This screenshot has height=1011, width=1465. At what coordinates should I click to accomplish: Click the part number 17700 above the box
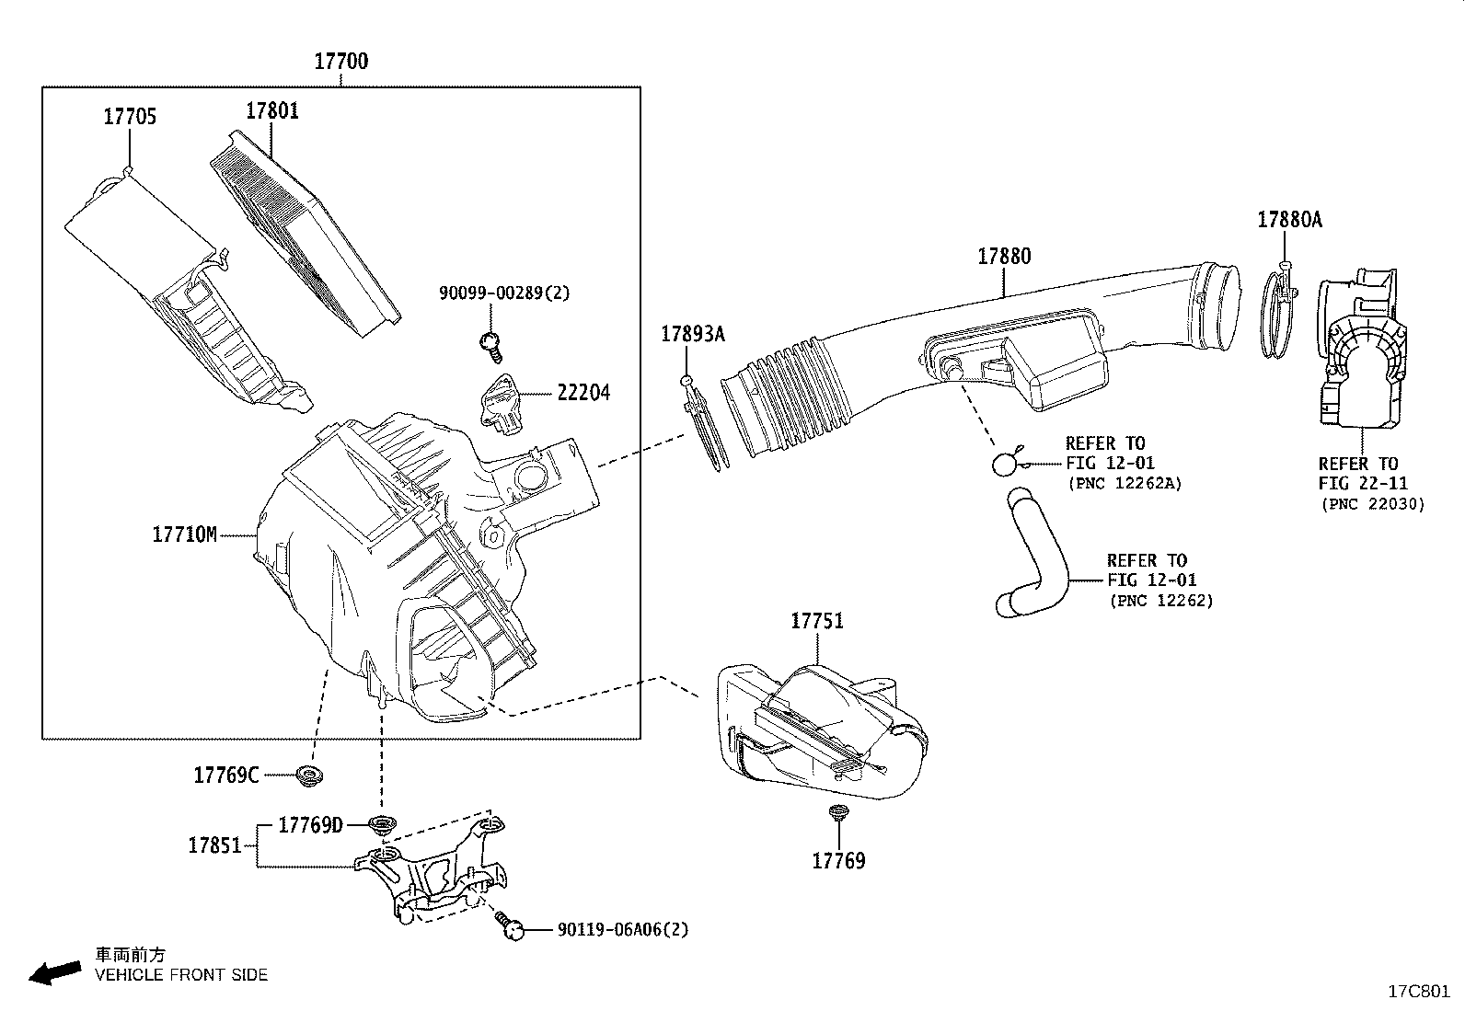(x=340, y=62)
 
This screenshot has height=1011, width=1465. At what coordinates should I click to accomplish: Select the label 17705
(x=130, y=117)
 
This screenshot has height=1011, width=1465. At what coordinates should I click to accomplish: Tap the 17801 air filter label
(x=272, y=110)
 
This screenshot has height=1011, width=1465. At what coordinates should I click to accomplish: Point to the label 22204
(x=583, y=393)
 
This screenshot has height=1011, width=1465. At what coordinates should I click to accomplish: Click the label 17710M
(x=184, y=534)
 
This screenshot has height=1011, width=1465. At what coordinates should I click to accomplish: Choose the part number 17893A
(x=693, y=334)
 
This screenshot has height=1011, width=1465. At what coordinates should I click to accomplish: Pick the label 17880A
(x=1290, y=220)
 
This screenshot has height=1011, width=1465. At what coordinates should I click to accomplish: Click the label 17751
(x=817, y=621)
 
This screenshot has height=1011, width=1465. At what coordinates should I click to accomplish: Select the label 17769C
(x=226, y=775)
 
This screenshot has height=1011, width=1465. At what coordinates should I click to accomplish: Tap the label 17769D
(x=311, y=825)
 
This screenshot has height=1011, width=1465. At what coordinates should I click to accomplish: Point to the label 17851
(x=215, y=845)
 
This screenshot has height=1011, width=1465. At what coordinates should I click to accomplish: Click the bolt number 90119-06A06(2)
(x=623, y=929)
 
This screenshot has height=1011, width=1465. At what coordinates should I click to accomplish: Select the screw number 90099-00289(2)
(x=504, y=293)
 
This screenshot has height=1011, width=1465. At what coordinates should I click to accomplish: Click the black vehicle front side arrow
(x=55, y=972)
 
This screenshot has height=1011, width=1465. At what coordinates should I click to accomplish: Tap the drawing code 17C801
(x=1419, y=992)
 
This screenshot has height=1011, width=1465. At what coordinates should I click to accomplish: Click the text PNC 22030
(x=1373, y=504)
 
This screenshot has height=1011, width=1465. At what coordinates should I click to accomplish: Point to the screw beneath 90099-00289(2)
(x=491, y=347)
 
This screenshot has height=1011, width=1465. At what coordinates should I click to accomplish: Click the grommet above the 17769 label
(x=837, y=813)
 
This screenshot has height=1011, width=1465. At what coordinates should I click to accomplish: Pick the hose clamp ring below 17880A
(x=1278, y=313)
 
